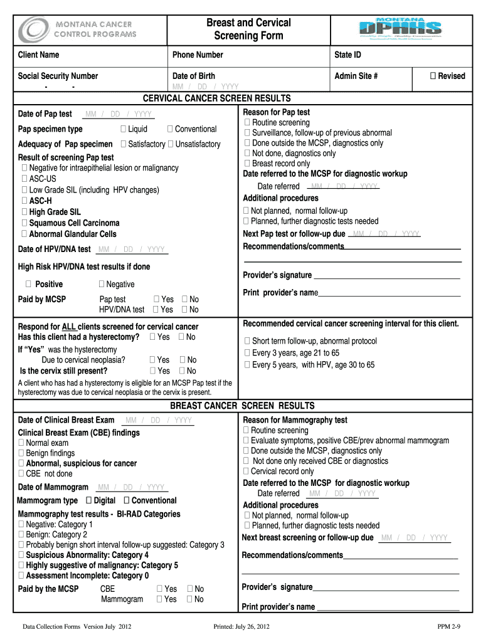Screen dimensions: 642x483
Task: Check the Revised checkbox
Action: (x=433, y=76)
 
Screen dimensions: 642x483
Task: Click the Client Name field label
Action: (x=38, y=55)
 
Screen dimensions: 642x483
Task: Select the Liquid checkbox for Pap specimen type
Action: (x=123, y=129)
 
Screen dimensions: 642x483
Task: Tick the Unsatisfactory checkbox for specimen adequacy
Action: (x=171, y=144)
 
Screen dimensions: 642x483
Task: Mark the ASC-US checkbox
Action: (x=24, y=179)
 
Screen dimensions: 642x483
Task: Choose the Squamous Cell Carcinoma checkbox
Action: (x=24, y=223)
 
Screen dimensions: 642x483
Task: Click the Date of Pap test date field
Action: (x=118, y=114)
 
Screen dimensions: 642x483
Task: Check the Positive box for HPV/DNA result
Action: (x=29, y=284)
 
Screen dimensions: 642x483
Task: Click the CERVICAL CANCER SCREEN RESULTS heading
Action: (x=217, y=98)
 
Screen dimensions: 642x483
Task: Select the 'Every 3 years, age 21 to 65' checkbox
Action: (x=247, y=353)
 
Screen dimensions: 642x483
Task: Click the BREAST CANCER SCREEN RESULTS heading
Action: (x=242, y=406)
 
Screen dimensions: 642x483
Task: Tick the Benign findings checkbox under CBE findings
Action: (x=22, y=453)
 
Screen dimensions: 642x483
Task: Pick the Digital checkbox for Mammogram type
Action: (x=89, y=500)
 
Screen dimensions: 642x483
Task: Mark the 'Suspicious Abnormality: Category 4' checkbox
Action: (x=22, y=555)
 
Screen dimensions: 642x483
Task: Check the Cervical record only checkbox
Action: (x=247, y=471)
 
